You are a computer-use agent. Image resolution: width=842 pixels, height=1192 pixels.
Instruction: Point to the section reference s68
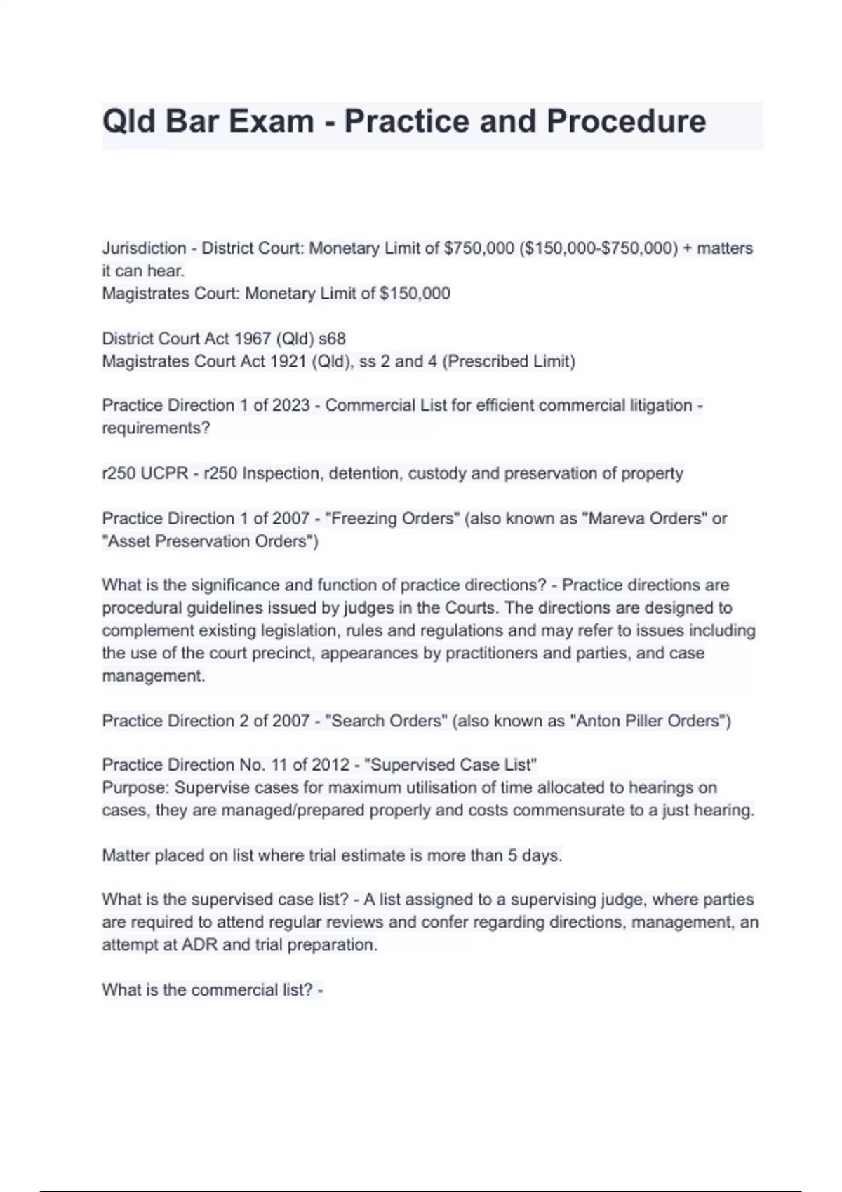point(332,339)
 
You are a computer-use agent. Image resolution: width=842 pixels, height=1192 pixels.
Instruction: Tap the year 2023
point(290,405)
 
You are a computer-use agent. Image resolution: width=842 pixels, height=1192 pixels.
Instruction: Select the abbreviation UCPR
point(164,473)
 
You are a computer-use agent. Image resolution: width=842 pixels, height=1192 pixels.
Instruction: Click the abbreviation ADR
point(199,945)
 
